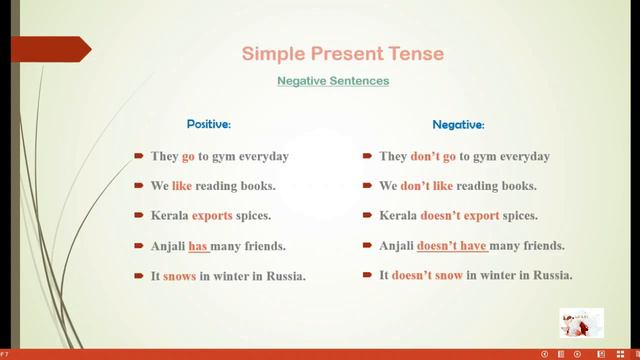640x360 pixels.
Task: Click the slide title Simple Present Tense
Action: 343,53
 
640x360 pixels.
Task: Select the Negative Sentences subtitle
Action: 333,81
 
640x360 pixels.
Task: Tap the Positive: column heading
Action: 209,125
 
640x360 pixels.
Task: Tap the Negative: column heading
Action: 458,125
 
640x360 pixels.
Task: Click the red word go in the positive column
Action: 188,157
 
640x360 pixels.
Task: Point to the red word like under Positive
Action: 182,186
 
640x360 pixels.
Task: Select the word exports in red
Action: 212,216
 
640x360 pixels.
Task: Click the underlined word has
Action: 198,246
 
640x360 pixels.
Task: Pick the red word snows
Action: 179,276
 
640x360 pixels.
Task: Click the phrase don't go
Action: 433,157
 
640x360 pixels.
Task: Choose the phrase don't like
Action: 427,186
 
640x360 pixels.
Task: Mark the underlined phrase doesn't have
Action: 452,246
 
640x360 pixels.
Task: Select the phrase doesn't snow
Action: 427,275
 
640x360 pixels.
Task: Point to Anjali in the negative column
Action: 396,246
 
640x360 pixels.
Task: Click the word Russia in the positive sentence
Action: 283,276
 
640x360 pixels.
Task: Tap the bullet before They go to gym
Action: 139,157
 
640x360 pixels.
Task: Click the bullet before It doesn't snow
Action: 369,275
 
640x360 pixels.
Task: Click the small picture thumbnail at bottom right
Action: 581,323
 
